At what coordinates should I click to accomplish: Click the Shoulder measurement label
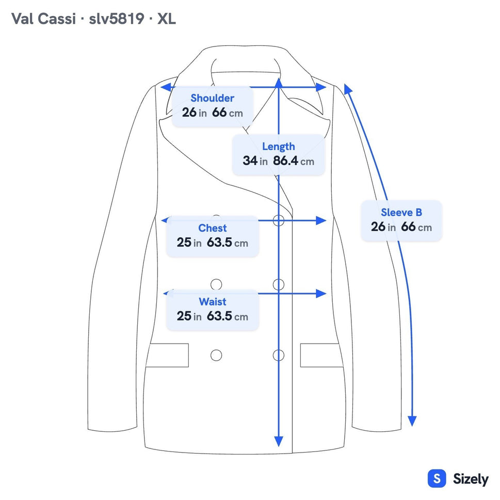[x=213, y=98]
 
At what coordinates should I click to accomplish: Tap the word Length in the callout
[x=279, y=147]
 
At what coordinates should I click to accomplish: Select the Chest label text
[x=213, y=228]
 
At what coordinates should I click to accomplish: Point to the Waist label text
[x=213, y=302]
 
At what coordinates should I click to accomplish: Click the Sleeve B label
[x=401, y=213]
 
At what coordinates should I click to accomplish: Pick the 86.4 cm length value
[x=294, y=160]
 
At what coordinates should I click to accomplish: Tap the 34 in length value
[x=255, y=160]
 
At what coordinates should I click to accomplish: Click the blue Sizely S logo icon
[x=437, y=479]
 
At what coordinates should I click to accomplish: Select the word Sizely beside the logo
[x=471, y=479]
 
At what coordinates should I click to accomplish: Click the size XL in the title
[x=167, y=19]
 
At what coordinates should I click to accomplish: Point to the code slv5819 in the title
[x=117, y=19]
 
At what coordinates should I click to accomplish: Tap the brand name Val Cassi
[x=43, y=19]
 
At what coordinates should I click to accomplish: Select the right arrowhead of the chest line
[x=321, y=220]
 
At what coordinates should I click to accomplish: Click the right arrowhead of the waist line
[x=321, y=294]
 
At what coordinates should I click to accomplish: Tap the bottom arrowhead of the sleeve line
[x=412, y=421]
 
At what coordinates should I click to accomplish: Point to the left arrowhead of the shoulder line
[x=166, y=87]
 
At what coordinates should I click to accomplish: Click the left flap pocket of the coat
[x=168, y=355]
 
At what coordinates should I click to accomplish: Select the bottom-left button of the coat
[x=216, y=355]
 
